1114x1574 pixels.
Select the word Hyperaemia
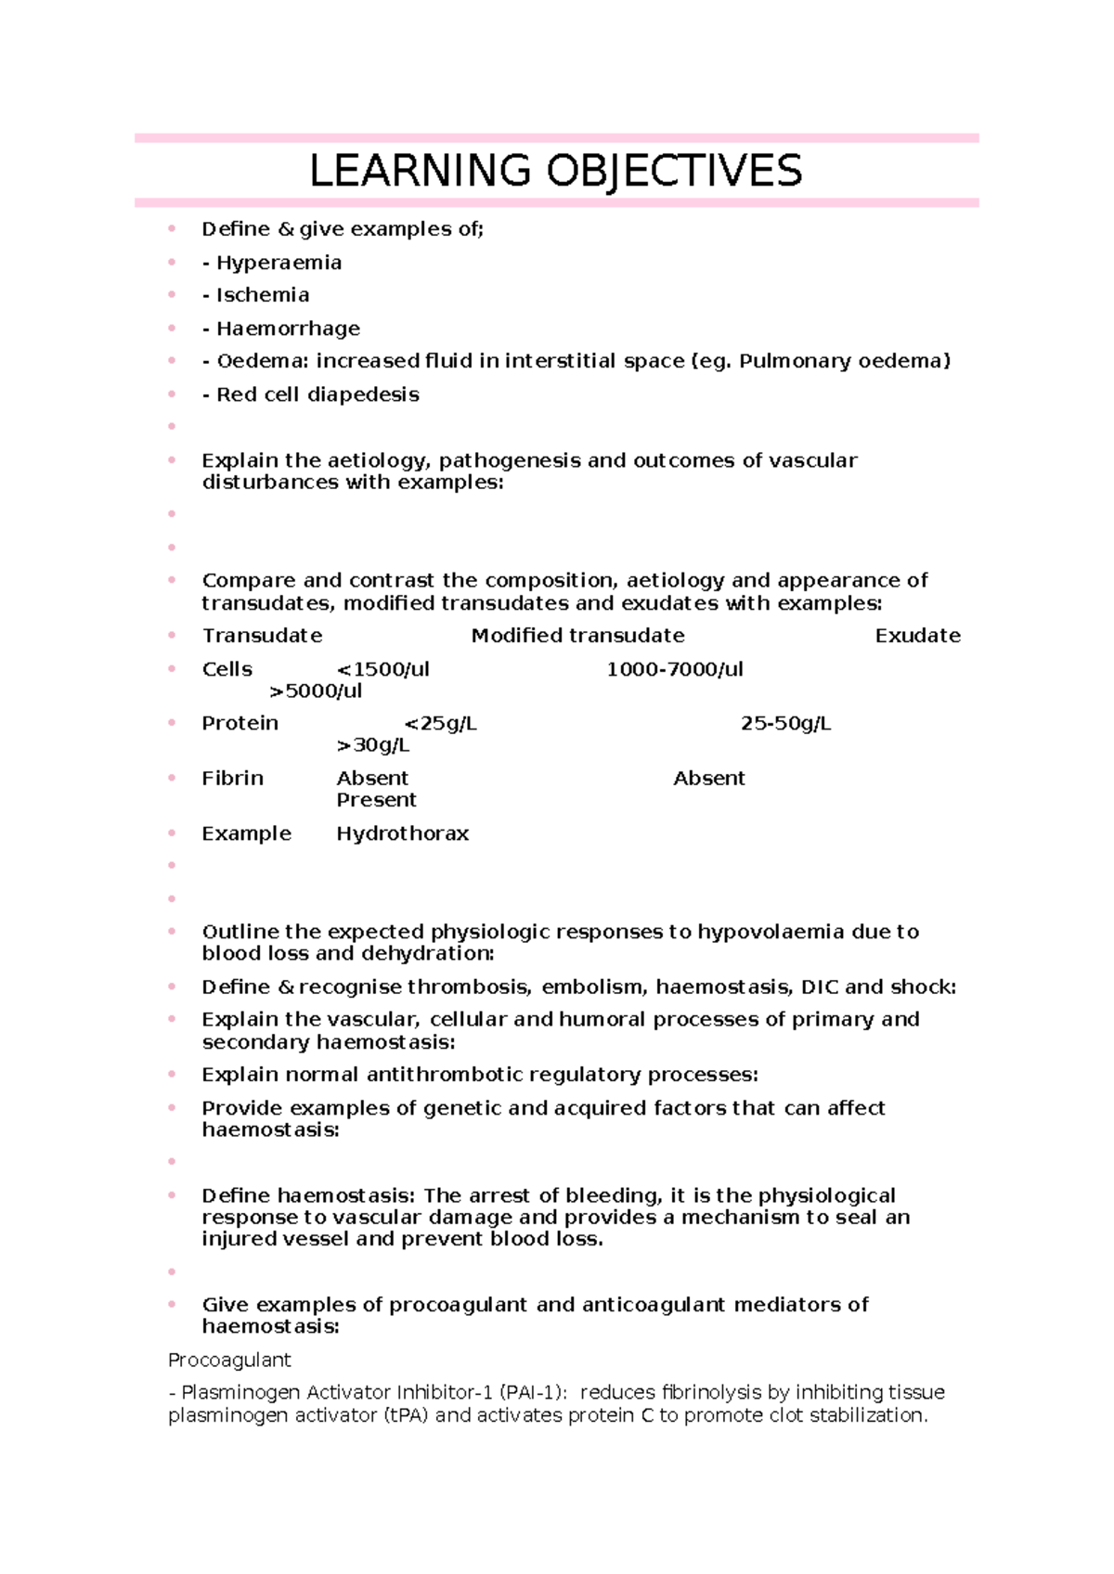[278, 263]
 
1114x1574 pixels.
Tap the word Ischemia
[263, 295]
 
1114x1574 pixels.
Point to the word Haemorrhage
[288, 329]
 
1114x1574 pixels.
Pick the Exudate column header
[917, 636]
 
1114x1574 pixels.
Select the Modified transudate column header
[577, 636]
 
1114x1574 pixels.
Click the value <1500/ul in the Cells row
[382, 669]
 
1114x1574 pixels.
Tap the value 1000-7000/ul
[674, 669]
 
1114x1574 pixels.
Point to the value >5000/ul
[316, 691]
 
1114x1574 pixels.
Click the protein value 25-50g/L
[785, 723]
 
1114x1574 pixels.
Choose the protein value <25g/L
[440, 723]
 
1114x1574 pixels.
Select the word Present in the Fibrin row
[376, 800]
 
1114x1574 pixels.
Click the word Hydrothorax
[402, 833]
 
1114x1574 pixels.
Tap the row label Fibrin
[232, 778]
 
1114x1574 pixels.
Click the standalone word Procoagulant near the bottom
[229, 1360]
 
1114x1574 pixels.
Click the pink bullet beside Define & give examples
[172, 228]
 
